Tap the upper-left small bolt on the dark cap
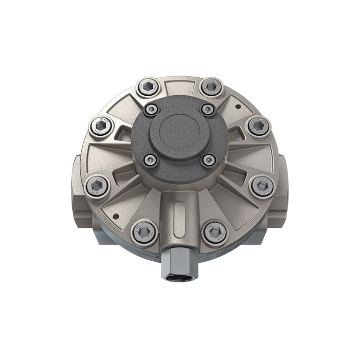pos(151,109)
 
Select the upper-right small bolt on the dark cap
pos(208,109)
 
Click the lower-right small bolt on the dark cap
pos(209,160)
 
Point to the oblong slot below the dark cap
pos(178,212)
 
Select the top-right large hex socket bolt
pos(211,87)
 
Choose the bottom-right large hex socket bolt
pos(214,232)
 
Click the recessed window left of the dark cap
pos(124,135)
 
